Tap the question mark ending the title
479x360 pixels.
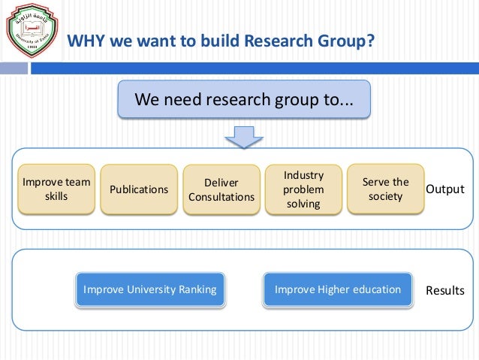pos(370,41)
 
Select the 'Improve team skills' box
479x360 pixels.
pos(56,189)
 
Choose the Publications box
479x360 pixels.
pos(139,189)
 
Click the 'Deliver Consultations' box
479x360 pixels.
pos(221,189)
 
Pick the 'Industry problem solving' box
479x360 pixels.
pos(304,189)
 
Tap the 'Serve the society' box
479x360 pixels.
pos(386,189)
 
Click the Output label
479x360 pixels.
pos(445,189)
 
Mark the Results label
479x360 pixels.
pos(445,290)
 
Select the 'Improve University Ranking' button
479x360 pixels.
pos(150,289)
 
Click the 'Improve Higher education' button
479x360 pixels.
pos(338,289)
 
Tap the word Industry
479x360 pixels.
pos(304,175)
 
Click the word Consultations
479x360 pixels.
pos(221,197)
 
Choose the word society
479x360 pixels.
pos(386,197)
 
